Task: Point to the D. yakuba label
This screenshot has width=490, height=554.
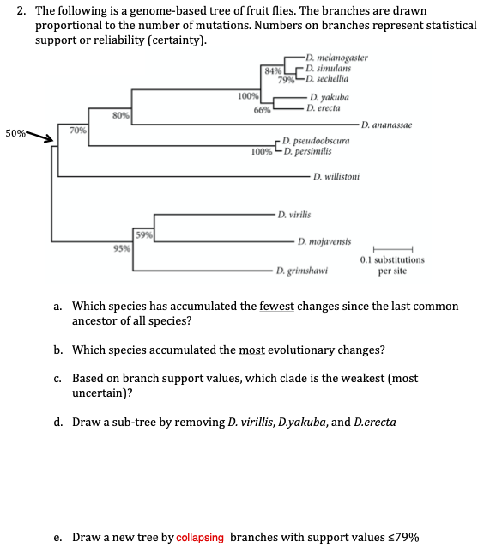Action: [x=330, y=98]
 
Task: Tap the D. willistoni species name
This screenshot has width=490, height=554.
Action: [x=336, y=177]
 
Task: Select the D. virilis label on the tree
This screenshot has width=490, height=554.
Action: [x=294, y=213]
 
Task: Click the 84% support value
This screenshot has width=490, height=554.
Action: [x=272, y=70]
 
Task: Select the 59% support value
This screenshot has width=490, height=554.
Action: [x=143, y=234]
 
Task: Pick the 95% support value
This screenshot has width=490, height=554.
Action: [x=122, y=249]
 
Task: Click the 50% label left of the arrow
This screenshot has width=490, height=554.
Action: [x=15, y=134]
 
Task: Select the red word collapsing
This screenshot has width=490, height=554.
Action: [x=201, y=538]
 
